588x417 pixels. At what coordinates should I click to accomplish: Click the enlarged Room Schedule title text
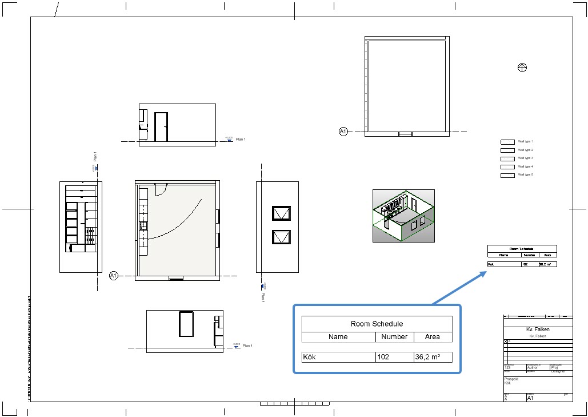tap(377, 324)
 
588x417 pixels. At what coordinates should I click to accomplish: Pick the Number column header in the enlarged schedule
tap(394, 337)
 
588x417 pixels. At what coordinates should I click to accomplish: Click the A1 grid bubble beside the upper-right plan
tap(343, 132)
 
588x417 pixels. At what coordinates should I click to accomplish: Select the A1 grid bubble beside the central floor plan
tap(113, 276)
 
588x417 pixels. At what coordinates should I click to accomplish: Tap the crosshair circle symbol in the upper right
tap(522, 67)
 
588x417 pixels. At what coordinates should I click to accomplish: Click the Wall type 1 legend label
tap(525, 141)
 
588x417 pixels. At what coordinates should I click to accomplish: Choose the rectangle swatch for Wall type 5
tap(507, 175)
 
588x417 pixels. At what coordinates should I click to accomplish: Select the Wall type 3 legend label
tap(525, 158)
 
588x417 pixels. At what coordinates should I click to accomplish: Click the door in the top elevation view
tap(161, 127)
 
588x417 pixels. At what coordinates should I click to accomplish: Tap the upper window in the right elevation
tap(282, 213)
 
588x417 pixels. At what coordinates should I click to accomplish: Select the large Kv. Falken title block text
tap(538, 330)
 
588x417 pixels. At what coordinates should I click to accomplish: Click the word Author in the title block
tap(533, 368)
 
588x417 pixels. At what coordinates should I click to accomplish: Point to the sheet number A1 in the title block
tap(530, 398)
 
